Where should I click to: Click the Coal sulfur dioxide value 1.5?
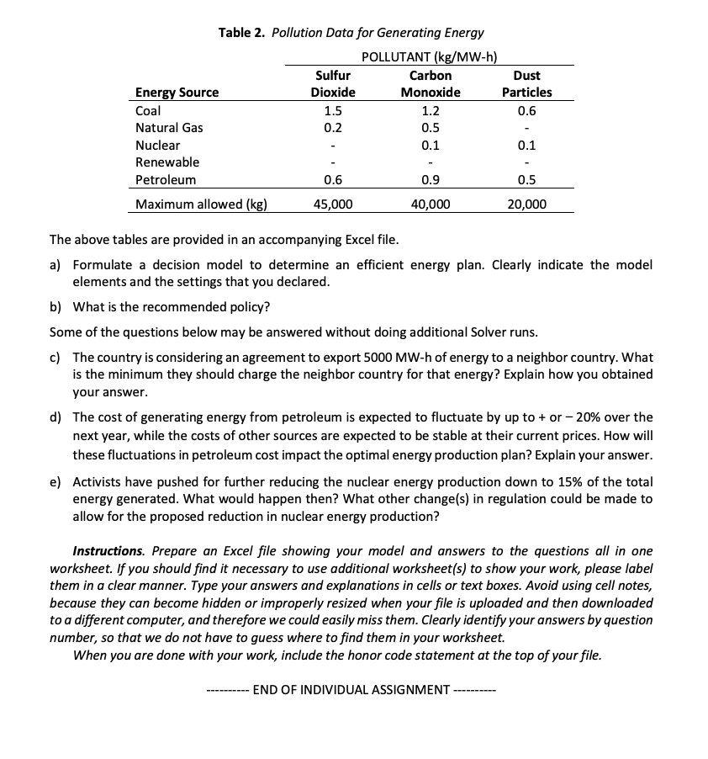[333, 110]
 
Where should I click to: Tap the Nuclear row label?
[157, 145]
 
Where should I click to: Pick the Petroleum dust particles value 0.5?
[527, 179]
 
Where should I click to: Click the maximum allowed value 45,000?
[333, 204]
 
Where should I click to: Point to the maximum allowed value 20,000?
[526, 204]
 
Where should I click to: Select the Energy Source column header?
[177, 93]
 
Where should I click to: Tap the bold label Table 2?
[242, 33]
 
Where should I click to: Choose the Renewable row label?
[167, 162]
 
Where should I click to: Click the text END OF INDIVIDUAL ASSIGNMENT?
[351, 690]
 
